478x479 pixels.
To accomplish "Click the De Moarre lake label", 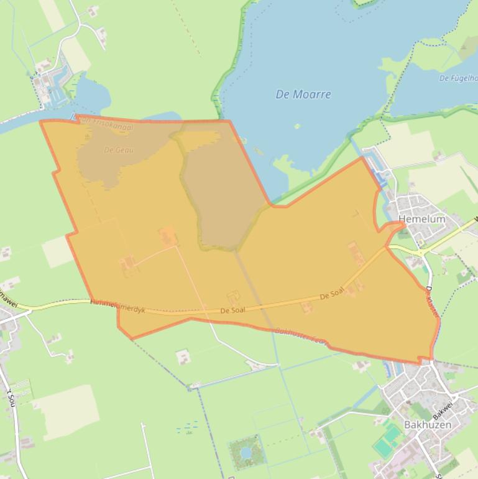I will tap(303, 95).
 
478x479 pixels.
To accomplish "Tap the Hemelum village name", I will tap(422, 219).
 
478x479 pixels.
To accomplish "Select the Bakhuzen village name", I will tap(428, 425).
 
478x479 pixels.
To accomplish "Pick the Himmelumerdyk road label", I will tap(117, 305).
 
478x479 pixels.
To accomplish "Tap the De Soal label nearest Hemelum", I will tap(332, 294).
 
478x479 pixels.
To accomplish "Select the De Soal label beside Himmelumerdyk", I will tap(232, 310).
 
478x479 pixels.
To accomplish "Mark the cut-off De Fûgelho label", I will tap(458, 78).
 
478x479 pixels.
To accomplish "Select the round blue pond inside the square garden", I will tap(246, 451).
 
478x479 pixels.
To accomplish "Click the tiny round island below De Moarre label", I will tap(297, 126).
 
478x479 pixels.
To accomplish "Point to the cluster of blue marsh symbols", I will tap(187, 427).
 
